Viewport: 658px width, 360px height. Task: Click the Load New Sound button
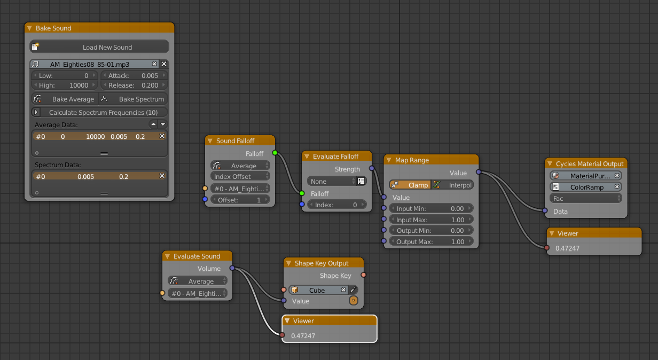click(99, 47)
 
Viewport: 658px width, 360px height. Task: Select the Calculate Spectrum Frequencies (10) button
click(99, 113)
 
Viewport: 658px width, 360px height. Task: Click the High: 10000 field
click(65, 85)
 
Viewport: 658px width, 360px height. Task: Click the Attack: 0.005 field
click(134, 76)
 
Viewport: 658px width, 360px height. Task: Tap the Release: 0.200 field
click(134, 85)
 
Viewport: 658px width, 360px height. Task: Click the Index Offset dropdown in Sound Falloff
click(240, 176)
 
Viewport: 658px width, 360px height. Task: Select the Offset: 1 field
click(240, 200)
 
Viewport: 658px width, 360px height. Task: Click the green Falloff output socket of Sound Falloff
click(275, 153)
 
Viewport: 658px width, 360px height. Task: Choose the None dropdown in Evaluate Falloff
click(331, 181)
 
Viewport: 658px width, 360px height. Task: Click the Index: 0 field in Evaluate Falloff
click(336, 205)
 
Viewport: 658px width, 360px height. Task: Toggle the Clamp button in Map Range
click(410, 185)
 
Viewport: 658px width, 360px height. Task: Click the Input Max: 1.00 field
click(431, 220)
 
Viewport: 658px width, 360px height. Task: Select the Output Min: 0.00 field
click(431, 231)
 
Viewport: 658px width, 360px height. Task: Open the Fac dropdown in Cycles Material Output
click(585, 198)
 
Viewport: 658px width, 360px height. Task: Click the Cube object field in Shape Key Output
click(318, 290)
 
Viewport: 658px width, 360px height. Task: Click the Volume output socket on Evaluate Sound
click(232, 268)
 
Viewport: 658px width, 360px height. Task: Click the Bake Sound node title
click(53, 28)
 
